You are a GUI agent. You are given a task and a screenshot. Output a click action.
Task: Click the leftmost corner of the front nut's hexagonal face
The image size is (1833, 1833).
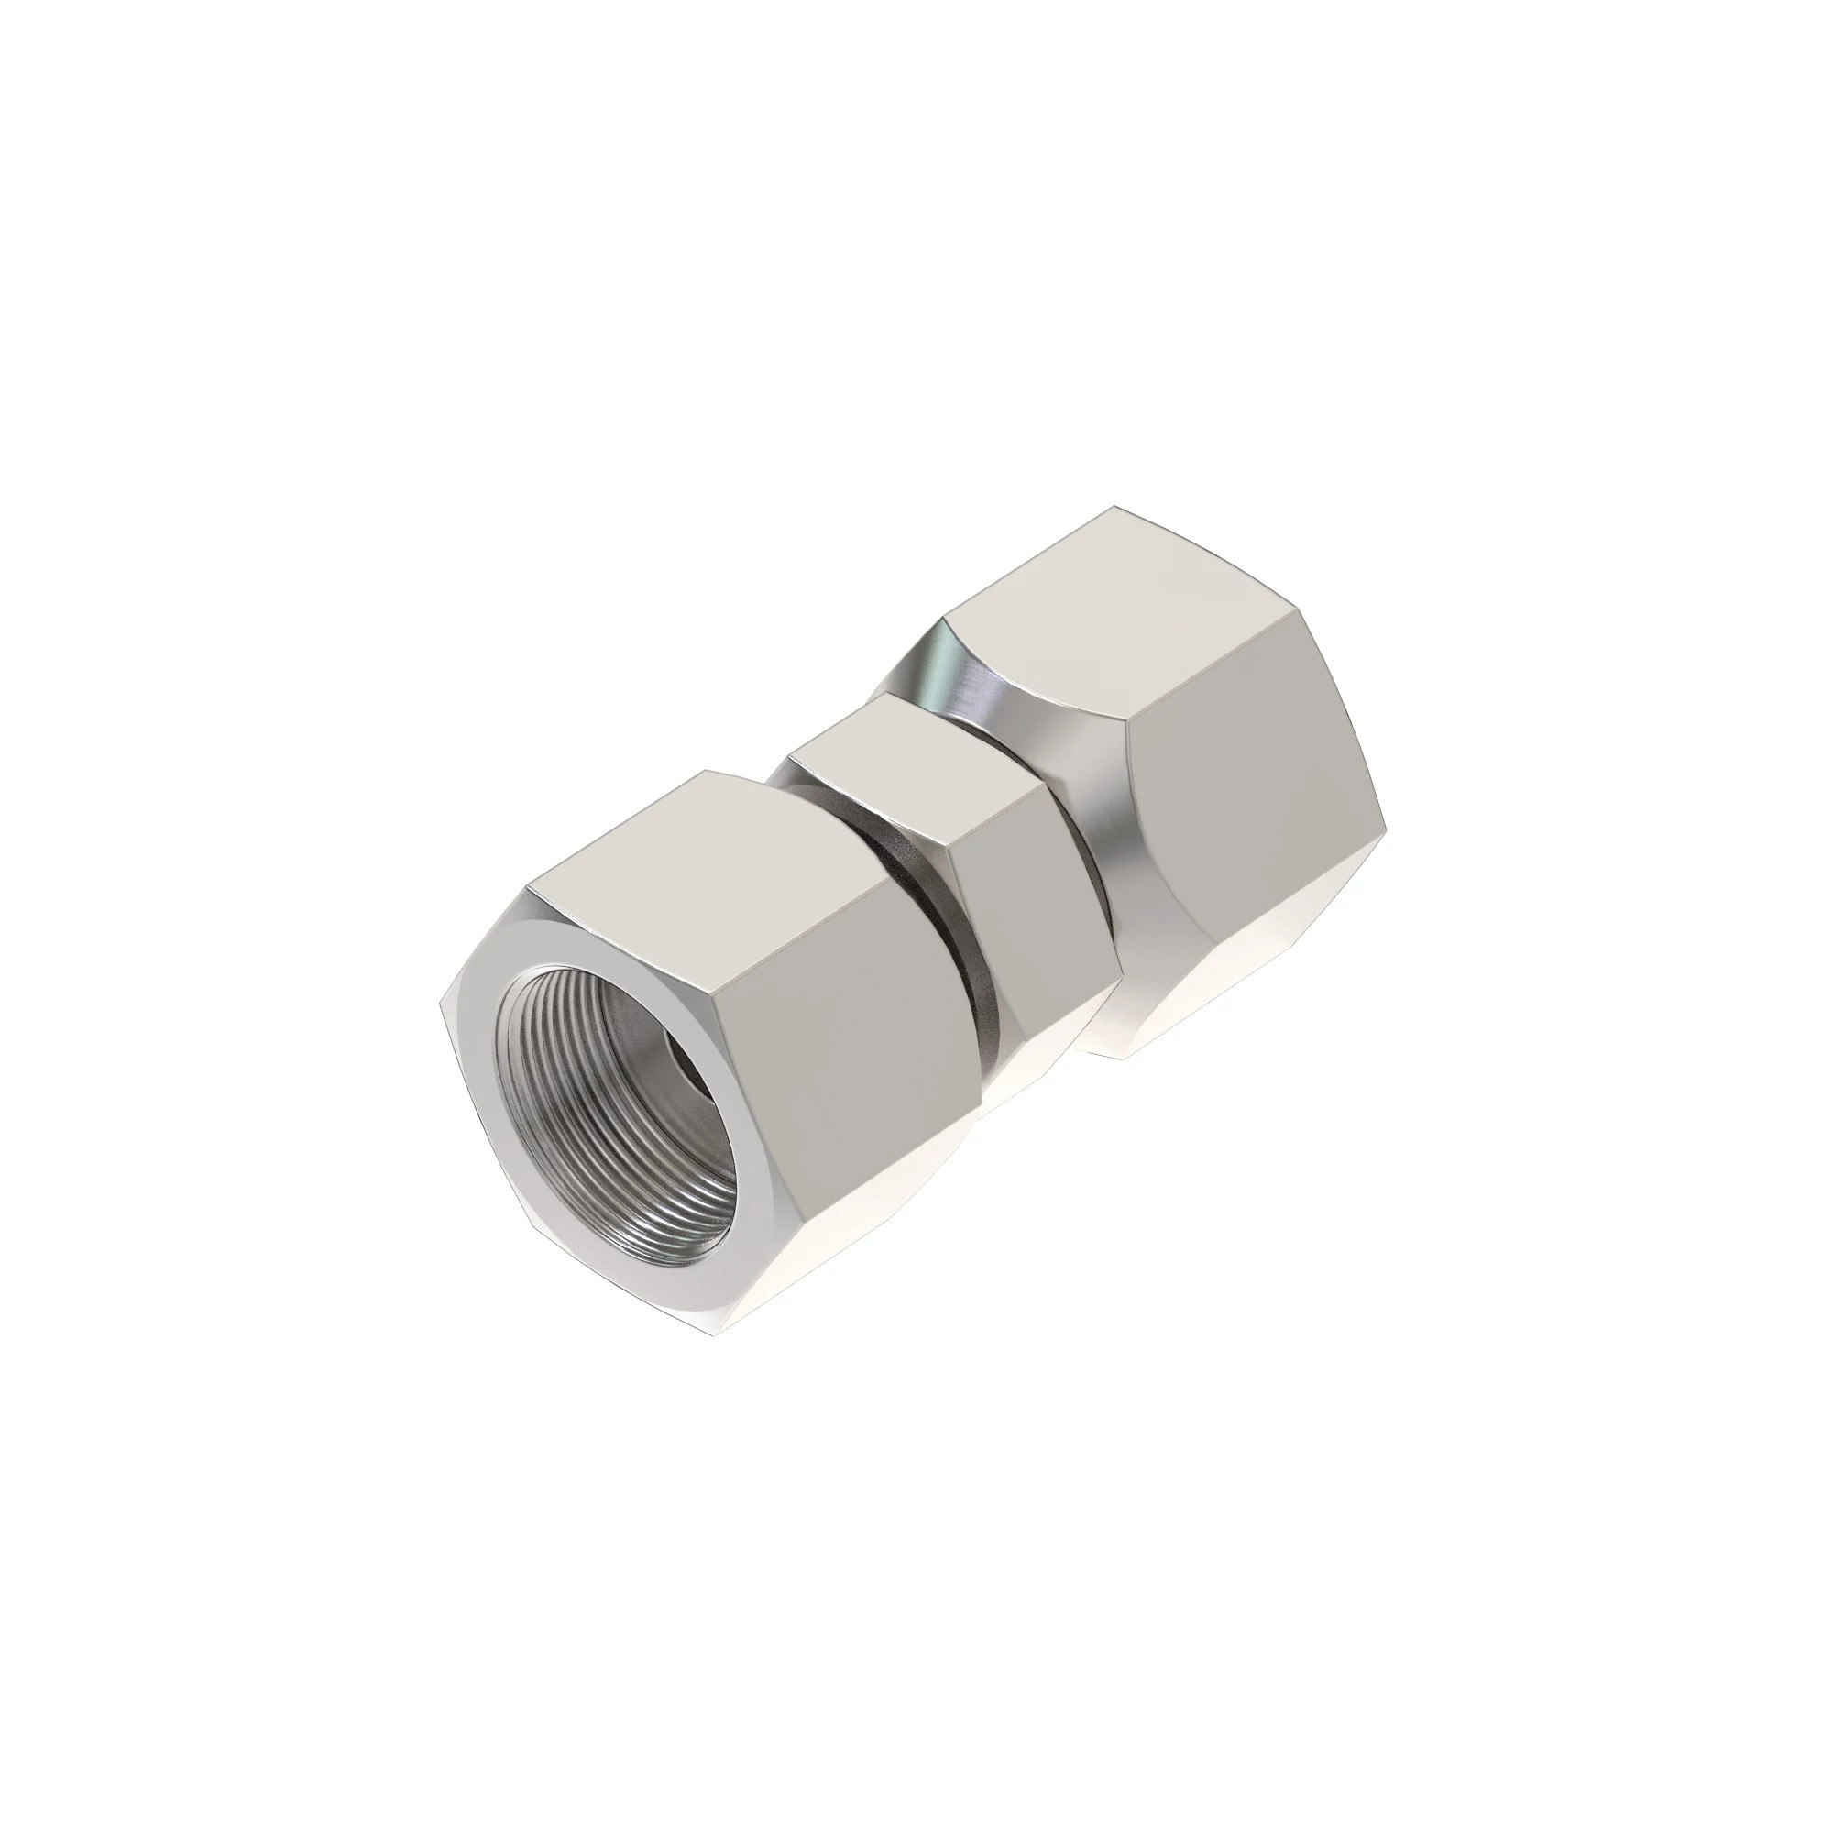(442, 1005)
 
